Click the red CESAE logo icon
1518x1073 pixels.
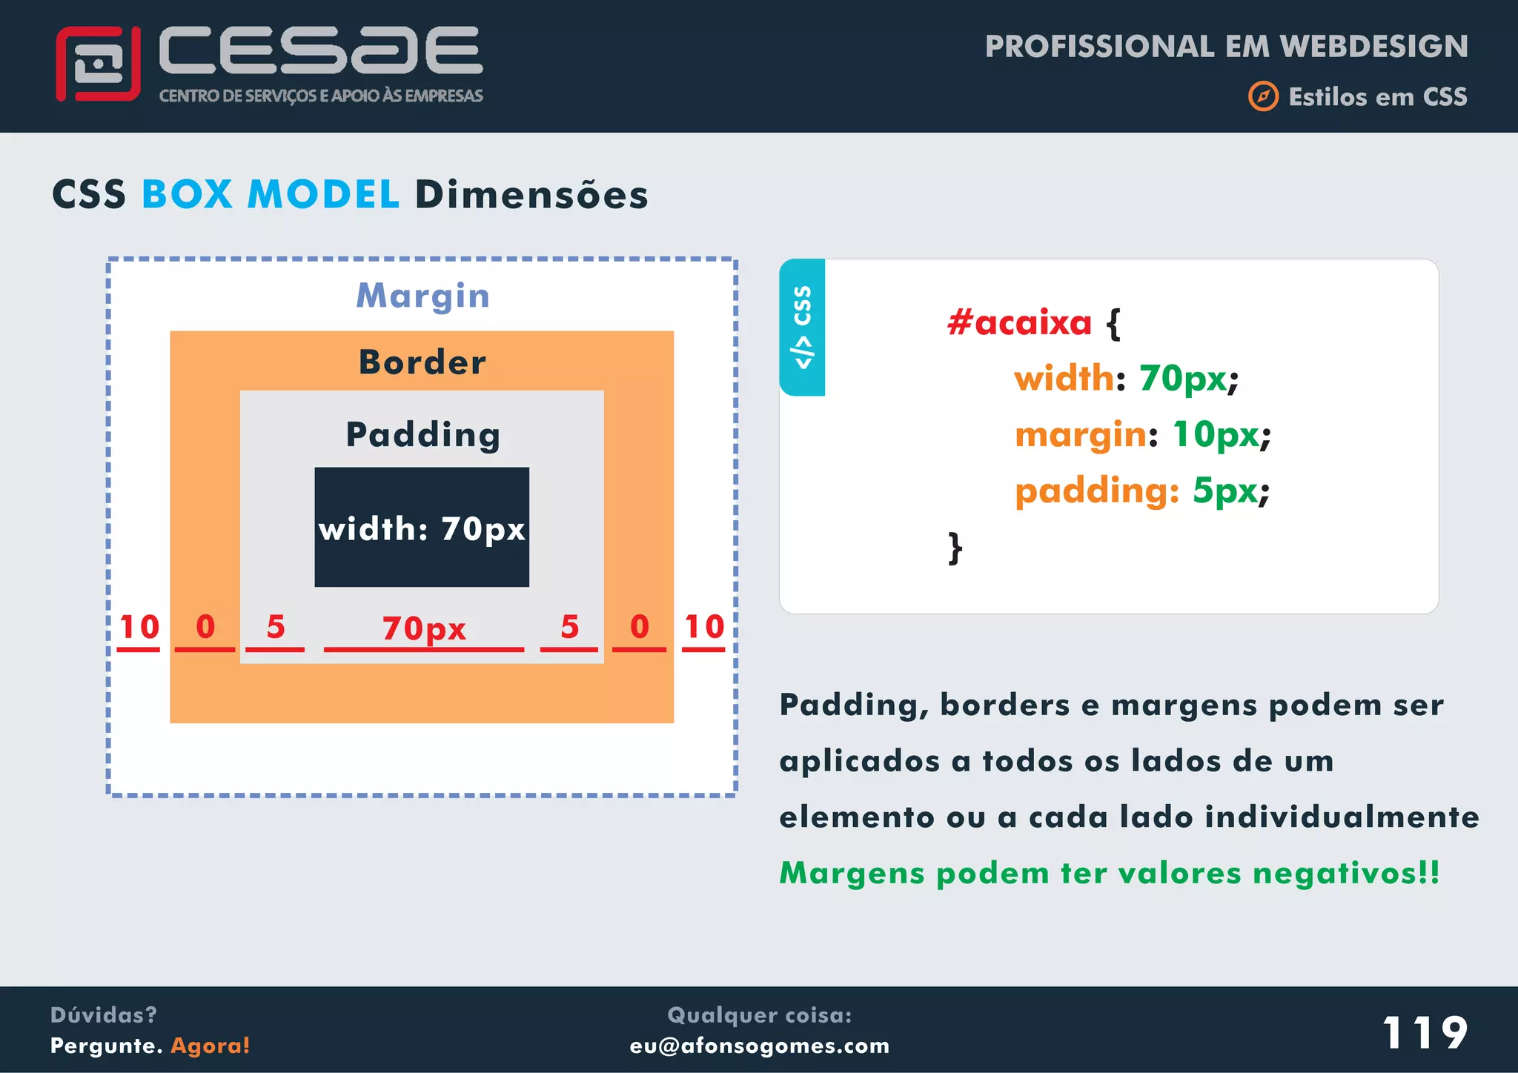point(98,64)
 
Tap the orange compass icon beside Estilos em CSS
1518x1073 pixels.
point(1263,96)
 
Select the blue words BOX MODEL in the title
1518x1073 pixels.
point(271,195)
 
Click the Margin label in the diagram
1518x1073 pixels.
point(422,296)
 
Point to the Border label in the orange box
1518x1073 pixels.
point(422,362)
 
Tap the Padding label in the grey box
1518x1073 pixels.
point(422,434)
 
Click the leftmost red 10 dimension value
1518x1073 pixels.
point(139,628)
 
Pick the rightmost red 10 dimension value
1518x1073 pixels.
point(703,628)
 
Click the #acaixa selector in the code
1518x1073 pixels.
point(1019,322)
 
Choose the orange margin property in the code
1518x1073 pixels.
point(1081,434)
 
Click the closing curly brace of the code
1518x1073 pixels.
point(955,548)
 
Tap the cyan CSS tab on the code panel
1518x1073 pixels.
point(802,327)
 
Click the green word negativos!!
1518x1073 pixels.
point(1345,873)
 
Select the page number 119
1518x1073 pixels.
point(1425,1032)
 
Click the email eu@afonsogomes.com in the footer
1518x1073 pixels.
point(759,1046)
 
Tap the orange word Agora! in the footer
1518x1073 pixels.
point(211,1046)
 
